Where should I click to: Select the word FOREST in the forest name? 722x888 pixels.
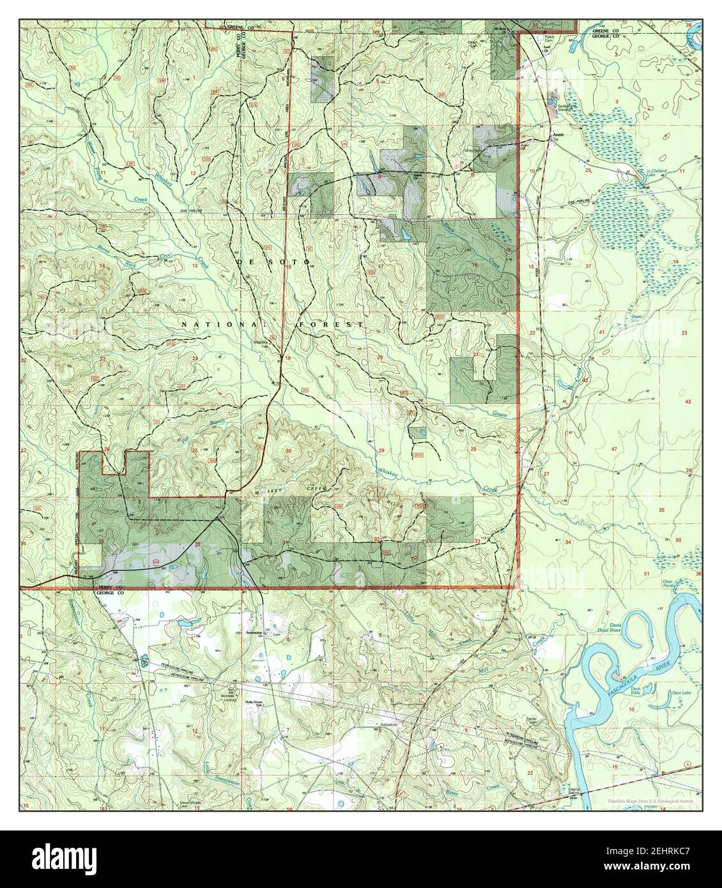point(332,325)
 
